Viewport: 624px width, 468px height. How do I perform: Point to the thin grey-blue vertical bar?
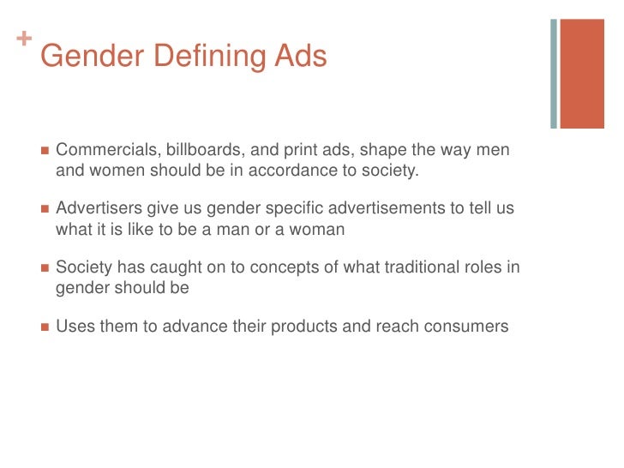click(x=554, y=74)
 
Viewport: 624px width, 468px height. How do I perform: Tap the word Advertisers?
click(x=95, y=209)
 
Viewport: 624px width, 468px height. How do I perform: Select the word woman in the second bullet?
click(x=305, y=229)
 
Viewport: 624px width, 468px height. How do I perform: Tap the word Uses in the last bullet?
click(x=74, y=327)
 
